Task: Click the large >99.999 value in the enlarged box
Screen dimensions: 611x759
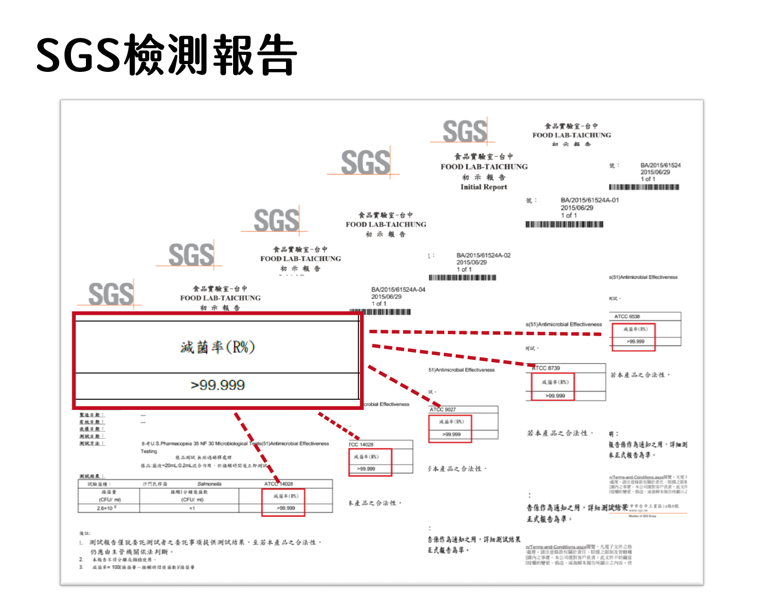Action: point(218,385)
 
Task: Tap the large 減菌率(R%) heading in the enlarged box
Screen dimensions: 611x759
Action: point(218,347)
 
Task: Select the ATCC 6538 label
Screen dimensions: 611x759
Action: point(627,316)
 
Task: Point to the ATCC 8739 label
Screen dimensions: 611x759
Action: point(547,368)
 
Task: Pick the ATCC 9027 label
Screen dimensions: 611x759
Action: point(442,409)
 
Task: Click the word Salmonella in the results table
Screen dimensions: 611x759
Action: point(209,484)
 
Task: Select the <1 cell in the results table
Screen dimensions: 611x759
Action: point(192,508)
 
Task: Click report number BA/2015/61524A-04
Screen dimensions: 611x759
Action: point(398,289)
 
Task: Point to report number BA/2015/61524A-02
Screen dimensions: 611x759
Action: point(484,255)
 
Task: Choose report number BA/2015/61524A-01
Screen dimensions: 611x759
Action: point(590,200)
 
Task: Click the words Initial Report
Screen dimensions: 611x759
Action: point(484,187)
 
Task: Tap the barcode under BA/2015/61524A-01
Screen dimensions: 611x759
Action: point(564,224)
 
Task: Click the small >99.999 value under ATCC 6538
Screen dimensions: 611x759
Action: point(635,341)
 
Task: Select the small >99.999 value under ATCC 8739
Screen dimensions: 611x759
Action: point(555,395)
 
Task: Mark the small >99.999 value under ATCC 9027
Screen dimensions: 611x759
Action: point(452,434)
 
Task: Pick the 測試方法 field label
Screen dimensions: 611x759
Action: point(92,443)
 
